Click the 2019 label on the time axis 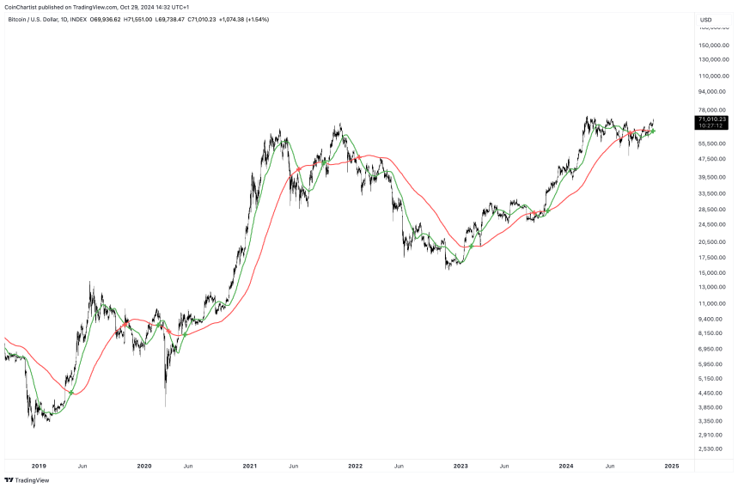point(39,466)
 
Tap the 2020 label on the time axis point(144,466)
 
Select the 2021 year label point(250,466)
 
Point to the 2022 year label point(355,466)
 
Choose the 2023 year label point(460,466)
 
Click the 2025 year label point(672,466)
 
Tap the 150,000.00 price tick point(715,45)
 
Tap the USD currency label point(706,19)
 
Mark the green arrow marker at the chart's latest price point(654,131)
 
